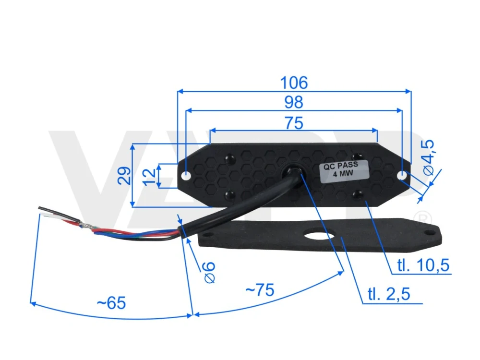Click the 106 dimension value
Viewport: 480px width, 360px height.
(x=294, y=83)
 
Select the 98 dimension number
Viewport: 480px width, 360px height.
(x=294, y=102)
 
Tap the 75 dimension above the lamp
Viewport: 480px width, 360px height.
(x=294, y=123)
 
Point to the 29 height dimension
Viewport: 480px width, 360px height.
(x=124, y=175)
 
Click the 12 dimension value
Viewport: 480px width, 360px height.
(x=149, y=177)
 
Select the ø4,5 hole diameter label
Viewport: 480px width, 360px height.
(x=428, y=157)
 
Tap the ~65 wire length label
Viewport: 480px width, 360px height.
(x=111, y=303)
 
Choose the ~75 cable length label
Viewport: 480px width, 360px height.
(x=260, y=289)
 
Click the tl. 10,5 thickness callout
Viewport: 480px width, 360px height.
(x=423, y=265)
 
